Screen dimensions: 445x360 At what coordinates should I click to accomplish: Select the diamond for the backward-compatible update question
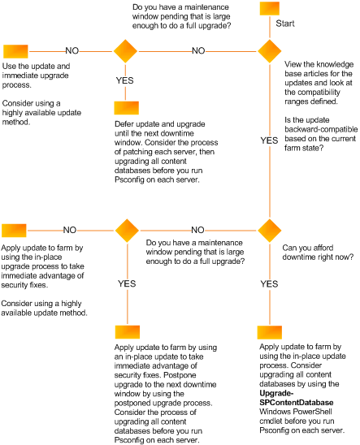tap(269, 50)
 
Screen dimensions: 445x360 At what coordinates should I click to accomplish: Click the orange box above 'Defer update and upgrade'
tap(126, 107)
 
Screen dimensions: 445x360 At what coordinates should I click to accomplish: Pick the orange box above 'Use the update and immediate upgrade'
tap(14, 50)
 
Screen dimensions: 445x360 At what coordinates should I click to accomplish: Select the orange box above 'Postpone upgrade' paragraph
tap(126, 332)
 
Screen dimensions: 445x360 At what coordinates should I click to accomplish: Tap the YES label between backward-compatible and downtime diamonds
tap(269, 140)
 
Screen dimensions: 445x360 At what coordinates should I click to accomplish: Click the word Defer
tap(126, 124)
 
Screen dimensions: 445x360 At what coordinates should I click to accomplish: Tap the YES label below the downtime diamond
tap(269, 284)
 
